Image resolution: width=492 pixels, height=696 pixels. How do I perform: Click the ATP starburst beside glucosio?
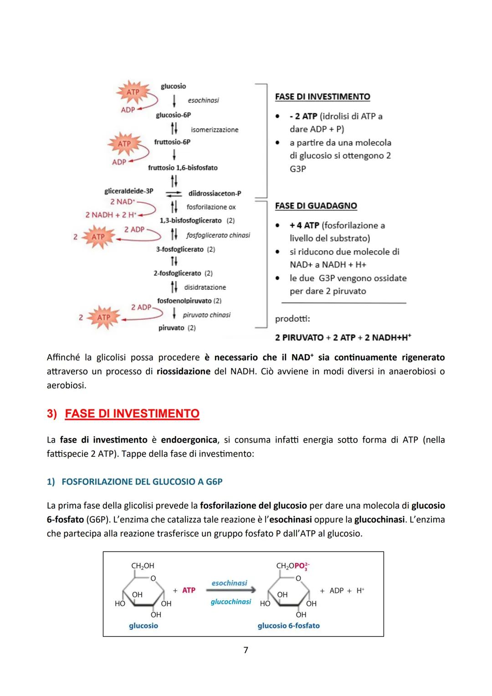tap(133, 93)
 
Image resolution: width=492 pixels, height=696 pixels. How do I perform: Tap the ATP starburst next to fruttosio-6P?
tap(124, 144)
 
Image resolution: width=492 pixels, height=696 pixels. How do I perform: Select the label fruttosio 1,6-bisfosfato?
tap(183, 168)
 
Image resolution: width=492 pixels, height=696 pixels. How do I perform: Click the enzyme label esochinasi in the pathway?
tap(203, 100)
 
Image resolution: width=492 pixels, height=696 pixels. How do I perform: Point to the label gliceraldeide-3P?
tap(128, 191)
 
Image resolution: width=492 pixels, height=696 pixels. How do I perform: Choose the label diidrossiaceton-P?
tap(215, 193)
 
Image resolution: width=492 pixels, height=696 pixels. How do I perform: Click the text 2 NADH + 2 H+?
tap(111, 215)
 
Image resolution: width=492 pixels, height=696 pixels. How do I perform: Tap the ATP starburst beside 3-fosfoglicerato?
tap(98, 237)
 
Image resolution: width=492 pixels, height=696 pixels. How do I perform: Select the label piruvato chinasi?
tap(206, 315)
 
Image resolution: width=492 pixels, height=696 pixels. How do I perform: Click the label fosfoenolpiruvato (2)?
tap(189, 301)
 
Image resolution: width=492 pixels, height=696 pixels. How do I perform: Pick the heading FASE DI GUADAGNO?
tap(316, 206)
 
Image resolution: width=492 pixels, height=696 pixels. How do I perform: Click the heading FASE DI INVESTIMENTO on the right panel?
tap(323, 97)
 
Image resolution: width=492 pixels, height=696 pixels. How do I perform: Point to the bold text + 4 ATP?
tap(304, 225)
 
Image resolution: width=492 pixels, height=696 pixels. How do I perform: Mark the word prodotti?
tap(292, 319)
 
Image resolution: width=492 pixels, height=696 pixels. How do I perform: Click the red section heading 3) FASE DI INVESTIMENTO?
tap(123, 413)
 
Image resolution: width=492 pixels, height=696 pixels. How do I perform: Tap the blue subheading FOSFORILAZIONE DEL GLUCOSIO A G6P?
tap(142, 482)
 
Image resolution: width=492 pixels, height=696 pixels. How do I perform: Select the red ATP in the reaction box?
tap(189, 590)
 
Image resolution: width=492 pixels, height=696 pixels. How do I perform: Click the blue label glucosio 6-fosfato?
tap(288, 626)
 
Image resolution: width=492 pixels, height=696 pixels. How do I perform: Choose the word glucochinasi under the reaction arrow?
tap(231, 602)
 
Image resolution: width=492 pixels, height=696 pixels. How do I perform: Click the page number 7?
tap(246, 650)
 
